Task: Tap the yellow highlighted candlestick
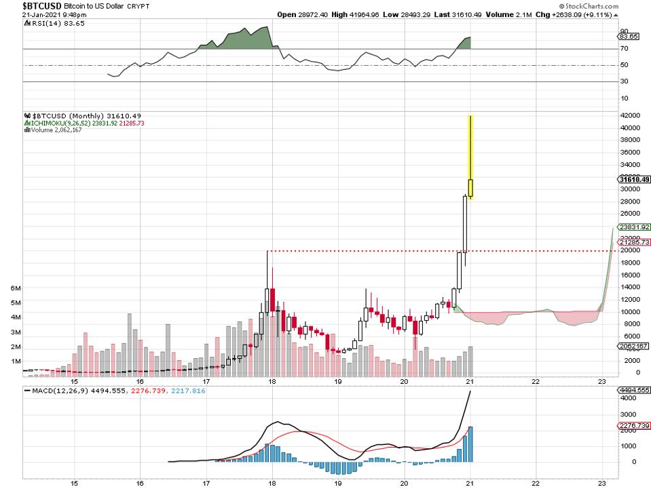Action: [470, 156]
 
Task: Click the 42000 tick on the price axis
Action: [630, 115]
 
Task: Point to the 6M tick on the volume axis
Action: [16, 288]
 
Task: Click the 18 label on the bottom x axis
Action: [272, 483]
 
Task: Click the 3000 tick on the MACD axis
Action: [629, 414]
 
